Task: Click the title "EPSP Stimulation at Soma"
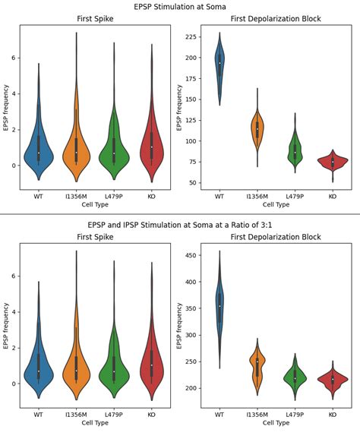coord(180,6)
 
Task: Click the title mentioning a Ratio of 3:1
coord(180,225)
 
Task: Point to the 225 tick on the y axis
coord(195,36)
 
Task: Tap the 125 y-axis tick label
coord(195,120)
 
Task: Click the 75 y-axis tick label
coord(197,162)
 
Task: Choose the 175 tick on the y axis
coord(195,77)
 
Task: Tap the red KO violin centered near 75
coord(332,161)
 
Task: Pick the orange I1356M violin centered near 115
coord(257,129)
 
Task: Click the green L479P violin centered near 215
coord(295,377)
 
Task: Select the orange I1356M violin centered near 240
coord(257,367)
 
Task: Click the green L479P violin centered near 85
coord(295,152)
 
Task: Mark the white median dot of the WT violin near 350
coord(219,306)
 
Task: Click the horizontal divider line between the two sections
coord(180,214)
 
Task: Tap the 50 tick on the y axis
coord(197,183)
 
